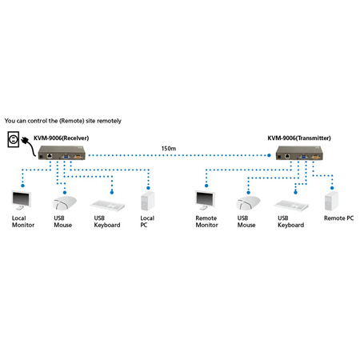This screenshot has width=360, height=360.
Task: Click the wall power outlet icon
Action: [x=13, y=139]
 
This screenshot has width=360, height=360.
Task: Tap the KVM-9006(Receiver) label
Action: [x=61, y=138]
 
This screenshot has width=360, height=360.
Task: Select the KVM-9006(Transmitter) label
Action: [x=299, y=138]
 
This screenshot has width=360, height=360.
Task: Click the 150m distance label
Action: [x=169, y=149]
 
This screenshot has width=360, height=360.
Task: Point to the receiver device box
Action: [x=62, y=153]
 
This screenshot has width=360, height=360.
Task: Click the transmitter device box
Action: [x=299, y=153]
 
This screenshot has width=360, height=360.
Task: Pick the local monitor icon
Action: [x=22, y=200]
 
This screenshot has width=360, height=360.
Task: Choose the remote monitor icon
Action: [x=205, y=200]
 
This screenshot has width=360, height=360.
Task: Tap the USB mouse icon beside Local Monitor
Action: [x=64, y=203]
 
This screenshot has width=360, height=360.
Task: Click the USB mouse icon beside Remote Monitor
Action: [x=248, y=203]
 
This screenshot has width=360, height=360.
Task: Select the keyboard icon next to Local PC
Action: [x=107, y=206]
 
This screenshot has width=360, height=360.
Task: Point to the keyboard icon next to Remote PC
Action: [x=291, y=206]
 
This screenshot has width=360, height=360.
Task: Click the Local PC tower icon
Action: [x=148, y=201]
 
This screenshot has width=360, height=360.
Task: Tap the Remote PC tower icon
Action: [x=331, y=201]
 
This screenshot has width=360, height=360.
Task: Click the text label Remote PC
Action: [x=339, y=218]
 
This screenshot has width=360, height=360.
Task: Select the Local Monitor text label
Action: [x=23, y=222]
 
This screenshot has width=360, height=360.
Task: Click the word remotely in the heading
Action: [x=109, y=121]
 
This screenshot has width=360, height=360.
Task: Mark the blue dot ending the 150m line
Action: [x=269, y=155]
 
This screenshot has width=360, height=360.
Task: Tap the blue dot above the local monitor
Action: [x=22, y=186]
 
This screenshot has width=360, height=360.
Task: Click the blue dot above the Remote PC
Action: [x=332, y=188]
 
